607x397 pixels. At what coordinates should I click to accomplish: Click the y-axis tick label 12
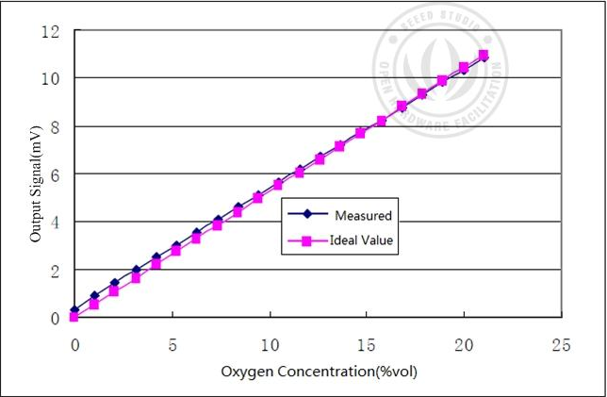tap(53, 31)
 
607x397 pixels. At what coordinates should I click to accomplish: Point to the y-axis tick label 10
tap(53, 78)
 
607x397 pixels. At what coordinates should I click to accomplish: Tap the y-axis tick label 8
tap(57, 126)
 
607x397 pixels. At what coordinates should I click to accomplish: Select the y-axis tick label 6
tap(57, 174)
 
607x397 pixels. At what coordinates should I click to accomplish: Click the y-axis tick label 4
tap(57, 223)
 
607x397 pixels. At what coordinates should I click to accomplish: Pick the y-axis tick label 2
tap(57, 271)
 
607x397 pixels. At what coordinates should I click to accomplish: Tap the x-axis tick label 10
tap(270, 344)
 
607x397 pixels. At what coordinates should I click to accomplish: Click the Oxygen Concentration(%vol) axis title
tap(319, 372)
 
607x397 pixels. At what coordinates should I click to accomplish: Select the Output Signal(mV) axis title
tap(36, 179)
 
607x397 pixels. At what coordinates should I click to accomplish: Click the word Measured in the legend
tap(363, 216)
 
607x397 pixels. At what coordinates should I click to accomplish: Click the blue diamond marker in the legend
tap(306, 216)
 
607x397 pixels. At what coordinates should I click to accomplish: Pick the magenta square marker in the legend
tap(306, 241)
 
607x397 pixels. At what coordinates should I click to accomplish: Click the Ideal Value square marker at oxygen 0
tap(74, 317)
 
